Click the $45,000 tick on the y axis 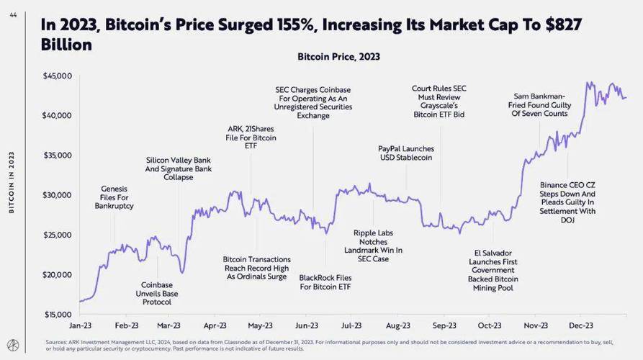coord(58,76)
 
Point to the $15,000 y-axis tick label coord(58,315)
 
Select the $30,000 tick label coord(58,195)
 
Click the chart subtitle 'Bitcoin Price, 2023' coord(338,56)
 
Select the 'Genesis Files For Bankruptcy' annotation coord(114,197)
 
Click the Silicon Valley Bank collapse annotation coord(179,168)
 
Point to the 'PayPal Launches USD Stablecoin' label coord(406,153)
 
